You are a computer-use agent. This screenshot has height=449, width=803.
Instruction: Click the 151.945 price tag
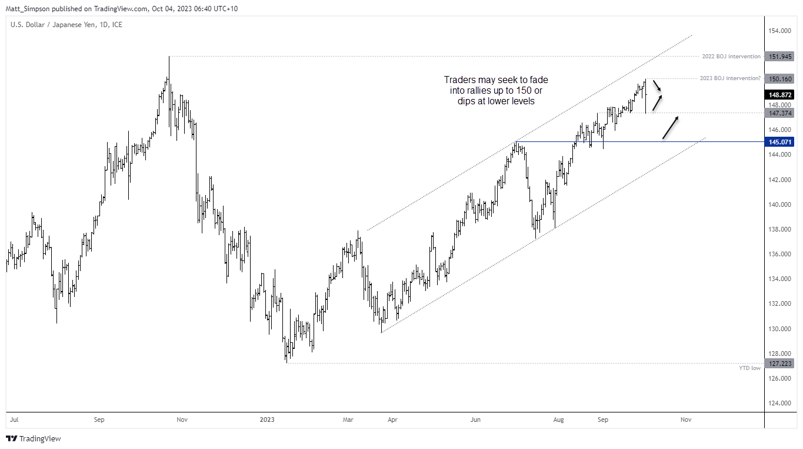click(x=780, y=57)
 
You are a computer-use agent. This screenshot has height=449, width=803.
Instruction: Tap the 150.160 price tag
click(x=780, y=78)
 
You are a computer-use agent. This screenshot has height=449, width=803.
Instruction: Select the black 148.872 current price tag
click(x=780, y=94)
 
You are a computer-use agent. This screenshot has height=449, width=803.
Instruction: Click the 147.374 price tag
click(x=780, y=113)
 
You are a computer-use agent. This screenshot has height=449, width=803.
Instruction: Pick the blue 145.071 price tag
click(x=780, y=142)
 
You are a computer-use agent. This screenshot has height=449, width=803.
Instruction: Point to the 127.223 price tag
click(x=780, y=363)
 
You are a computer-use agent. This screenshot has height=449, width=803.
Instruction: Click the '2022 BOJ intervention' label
click(x=731, y=57)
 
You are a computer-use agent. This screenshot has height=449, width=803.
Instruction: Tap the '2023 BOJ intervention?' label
click(x=730, y=78)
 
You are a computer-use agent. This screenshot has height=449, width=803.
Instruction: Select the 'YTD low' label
click(x=749, y=368)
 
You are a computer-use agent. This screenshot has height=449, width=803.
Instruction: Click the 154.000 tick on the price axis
click(x=780, y=31)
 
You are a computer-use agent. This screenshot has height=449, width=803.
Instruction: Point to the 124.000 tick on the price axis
click(x=780, y=403)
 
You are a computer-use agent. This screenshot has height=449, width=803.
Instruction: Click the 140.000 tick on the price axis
click(x=780, y=204)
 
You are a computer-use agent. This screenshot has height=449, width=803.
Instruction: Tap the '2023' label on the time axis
click(x=267, y=420)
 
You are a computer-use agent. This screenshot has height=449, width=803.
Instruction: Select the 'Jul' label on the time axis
click(x=14, y=420)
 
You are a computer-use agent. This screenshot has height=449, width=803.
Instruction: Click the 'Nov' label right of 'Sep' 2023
click(x=685, y=420)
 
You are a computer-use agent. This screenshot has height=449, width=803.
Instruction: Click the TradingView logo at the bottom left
click(x=34, y=439)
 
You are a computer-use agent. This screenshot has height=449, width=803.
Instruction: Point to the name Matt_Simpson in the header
click(x=26, y=9)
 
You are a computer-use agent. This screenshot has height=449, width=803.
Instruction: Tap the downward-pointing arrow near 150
click(x=658, y=86)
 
